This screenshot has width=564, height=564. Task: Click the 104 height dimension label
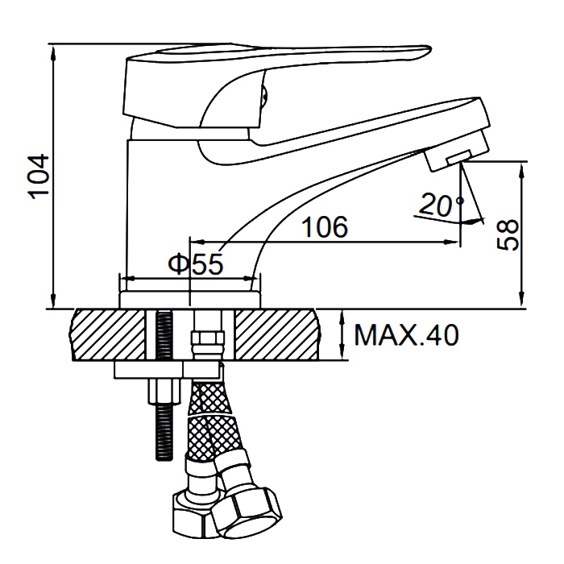tap(38, 176)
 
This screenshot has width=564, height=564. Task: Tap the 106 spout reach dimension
tap(325, 227)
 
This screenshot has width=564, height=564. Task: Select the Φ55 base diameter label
tap(196, 264)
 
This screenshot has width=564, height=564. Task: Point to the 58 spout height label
tap(508, 234)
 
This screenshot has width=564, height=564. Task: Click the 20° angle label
tap(442, 205)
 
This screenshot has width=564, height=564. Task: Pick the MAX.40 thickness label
tap(406, 335)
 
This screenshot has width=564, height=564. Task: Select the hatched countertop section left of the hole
tap(108, 334)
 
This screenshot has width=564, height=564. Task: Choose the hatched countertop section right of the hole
tap(277, 334)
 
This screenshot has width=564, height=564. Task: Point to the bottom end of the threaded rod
tap(164, 459)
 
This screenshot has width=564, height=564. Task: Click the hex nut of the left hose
tap(193, 515)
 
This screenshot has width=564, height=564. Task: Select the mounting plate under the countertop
tap(167, 370)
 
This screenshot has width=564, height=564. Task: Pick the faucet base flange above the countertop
tap(189, 300)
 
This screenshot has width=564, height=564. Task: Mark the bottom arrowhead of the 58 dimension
tap(521, 300)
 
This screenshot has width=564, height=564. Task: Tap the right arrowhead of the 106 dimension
tap(451, 242)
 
